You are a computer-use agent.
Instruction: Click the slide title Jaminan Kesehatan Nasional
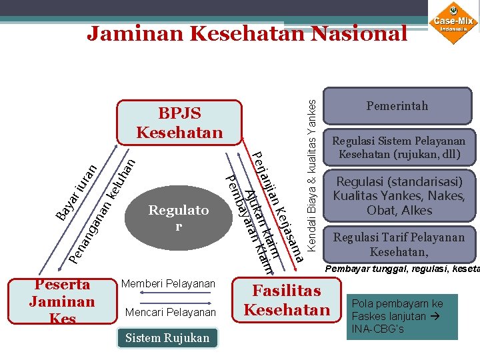pos(247,33)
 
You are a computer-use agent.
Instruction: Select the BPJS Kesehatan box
pos(179,122)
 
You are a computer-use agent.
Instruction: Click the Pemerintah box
pos(397,106)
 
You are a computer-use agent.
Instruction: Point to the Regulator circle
pos(178,218)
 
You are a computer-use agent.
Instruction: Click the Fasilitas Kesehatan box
pos(287,301)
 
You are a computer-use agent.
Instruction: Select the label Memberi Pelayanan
pos(168,284)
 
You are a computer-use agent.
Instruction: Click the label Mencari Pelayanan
pos(170,312)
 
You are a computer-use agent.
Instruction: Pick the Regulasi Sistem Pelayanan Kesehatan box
pos(398,148)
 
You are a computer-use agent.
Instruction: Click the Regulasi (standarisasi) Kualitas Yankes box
pos(398,196)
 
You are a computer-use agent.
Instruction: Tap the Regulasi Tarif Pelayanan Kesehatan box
pos(398,245)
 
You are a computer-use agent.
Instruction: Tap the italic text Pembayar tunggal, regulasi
pos(400,270)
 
